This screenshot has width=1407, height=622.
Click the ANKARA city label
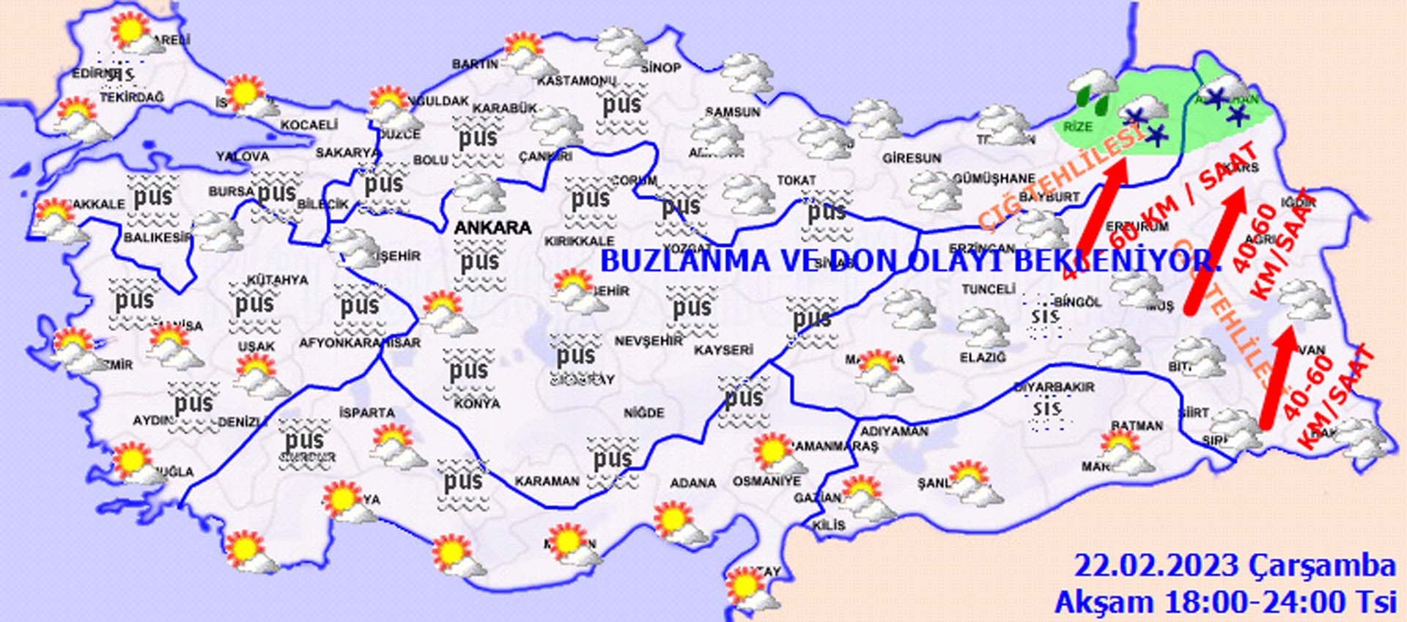pos(492,228)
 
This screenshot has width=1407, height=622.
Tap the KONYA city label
pos(477,404)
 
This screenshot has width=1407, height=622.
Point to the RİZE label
pos(1077,127)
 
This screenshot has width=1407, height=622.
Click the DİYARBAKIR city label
pos(1054,387)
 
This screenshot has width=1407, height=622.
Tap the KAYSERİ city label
pos(723,350)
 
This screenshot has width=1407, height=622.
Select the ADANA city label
pos(693,483)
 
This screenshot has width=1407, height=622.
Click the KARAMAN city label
pos(547,481)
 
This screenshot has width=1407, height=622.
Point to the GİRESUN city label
pos(912,158)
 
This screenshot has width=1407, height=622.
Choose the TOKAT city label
pos(797,180)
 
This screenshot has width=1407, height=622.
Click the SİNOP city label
pos(661,67)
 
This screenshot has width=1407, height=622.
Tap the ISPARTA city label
pos(367,413)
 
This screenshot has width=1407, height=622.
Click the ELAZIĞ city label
pos(983,358)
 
